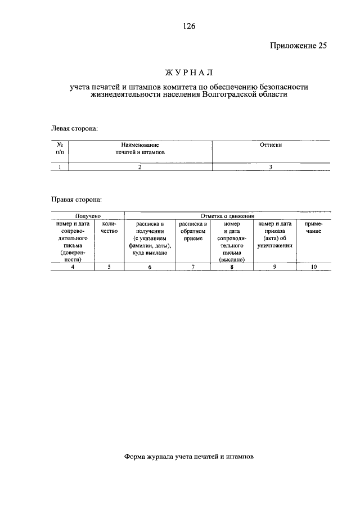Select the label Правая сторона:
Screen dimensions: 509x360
click(77, 200)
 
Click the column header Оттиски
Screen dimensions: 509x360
click(271, 145)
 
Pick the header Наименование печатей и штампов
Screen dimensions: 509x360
click(140, 148)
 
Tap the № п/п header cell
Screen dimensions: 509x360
click(60, 148)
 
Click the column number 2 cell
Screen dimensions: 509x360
click(140, 166)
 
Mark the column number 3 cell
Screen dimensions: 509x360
click(271, 166)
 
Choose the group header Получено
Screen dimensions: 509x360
click(87, 216)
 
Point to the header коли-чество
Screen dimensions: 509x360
click(109, 228)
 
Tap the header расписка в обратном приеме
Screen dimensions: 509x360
click(192, 231)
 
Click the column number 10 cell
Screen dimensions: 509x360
click(313, 267)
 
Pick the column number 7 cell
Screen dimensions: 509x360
click(192, 267)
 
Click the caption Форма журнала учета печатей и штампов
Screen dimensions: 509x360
click(188, 457)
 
